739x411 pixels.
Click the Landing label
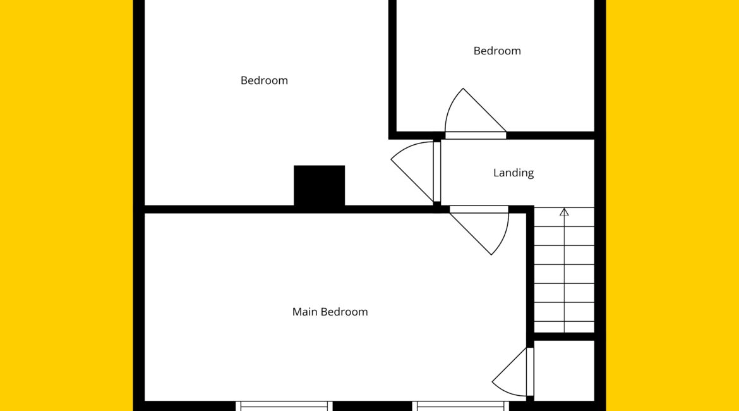(514, 173)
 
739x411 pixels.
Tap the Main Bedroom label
(330, 312)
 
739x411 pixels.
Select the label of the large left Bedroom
(264, 80)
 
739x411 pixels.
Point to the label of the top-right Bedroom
(497, 51)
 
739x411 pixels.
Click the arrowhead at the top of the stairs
(564, 212)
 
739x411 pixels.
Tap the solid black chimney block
(319, 185)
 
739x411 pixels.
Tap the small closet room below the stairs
(563, 371)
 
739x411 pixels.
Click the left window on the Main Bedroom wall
(284, 406)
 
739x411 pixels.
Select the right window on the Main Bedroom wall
(461, 406)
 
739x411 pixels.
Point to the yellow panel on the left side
(66, 205)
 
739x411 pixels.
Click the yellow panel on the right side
(672, 205)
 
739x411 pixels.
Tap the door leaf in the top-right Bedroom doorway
(476, 135)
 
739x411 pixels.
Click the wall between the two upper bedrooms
(392, 70)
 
